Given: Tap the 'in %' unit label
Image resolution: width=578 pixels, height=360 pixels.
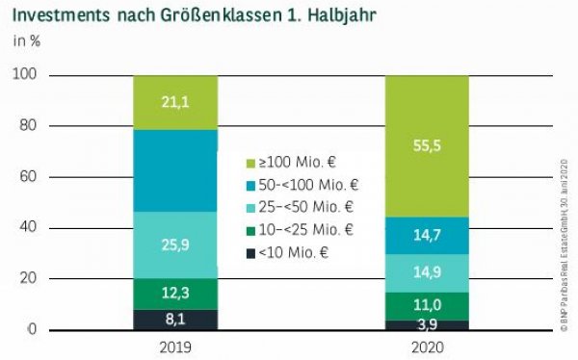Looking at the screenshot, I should tap(26, 41).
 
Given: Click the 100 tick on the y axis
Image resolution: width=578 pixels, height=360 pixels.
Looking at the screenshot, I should tap(25, 75).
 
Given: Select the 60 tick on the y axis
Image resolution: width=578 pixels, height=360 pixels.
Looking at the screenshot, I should tap(28, 177).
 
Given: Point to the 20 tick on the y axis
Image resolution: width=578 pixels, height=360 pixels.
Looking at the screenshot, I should tap(28, 279).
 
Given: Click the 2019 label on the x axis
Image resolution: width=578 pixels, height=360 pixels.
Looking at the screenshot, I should tap(175, 345).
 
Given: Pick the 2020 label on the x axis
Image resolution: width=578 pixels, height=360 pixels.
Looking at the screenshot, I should tap(426, 345).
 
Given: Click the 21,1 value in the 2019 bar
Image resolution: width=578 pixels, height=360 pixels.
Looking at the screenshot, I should tap(175, 102).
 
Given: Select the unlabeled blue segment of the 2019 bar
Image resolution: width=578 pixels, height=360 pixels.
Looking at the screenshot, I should tap(175, 170).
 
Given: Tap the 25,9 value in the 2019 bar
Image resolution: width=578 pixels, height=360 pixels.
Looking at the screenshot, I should tap(175, 245).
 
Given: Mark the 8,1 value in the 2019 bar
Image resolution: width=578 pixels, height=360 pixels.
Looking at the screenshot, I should tap(175, 319).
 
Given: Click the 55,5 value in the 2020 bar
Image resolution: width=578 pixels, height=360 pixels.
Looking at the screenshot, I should tap(426, 146).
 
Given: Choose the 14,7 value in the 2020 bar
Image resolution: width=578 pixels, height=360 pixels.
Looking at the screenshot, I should tap(426, 235).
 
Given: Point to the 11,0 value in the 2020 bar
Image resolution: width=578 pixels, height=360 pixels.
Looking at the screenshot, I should tap(426, 305).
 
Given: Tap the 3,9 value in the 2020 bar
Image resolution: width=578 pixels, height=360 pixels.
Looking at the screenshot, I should tap(426, 324).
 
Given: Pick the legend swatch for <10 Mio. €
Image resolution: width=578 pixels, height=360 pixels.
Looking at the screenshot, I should tap(252, 251).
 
